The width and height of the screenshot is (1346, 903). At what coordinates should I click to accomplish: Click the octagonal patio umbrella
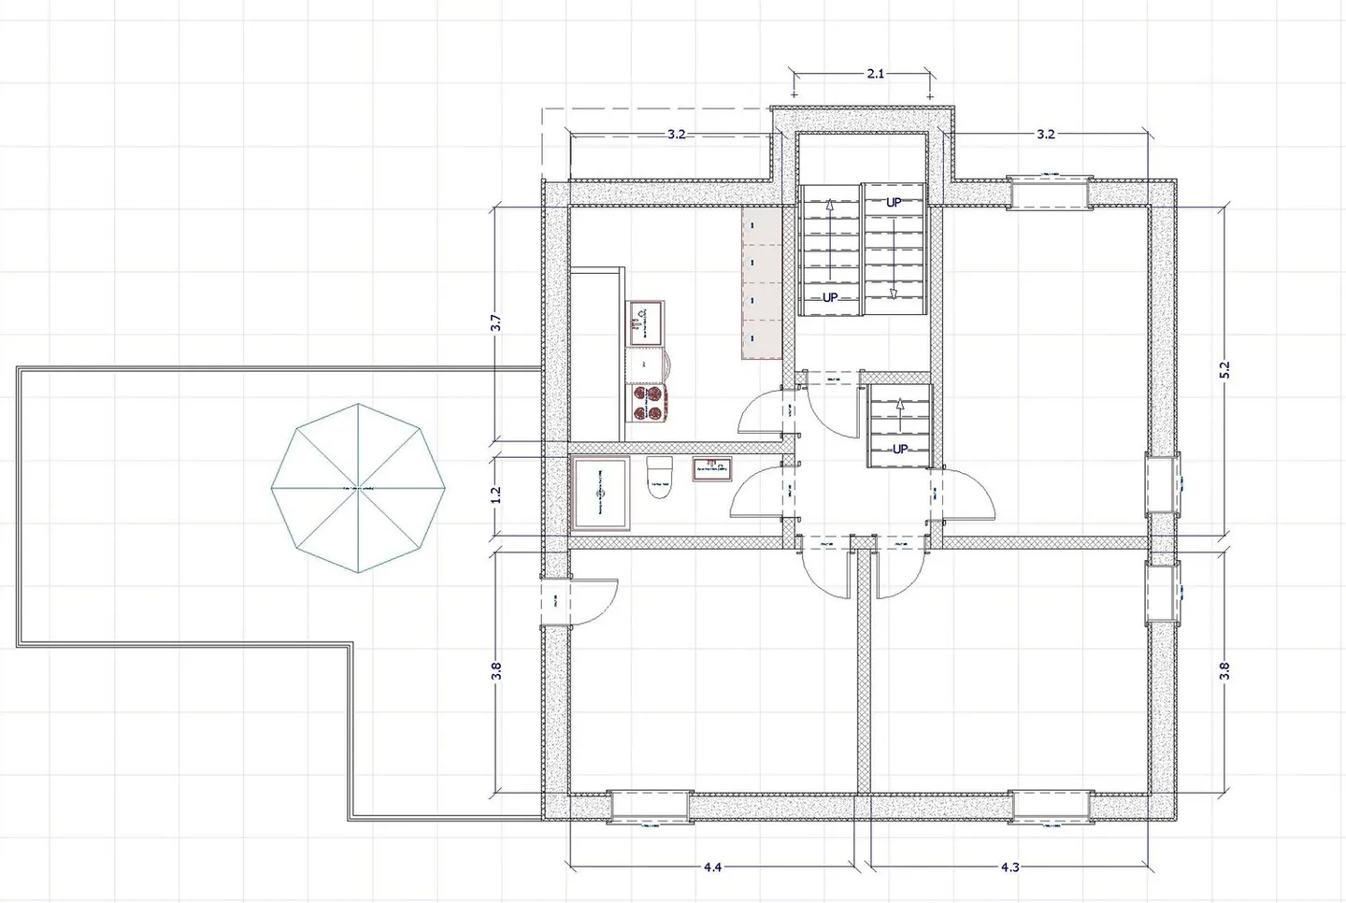[x=359, y=488]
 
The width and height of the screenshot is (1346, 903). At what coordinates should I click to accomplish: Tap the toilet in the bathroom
[x=659, y=478]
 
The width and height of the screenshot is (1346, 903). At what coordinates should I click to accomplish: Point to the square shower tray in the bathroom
[x=599, y=494]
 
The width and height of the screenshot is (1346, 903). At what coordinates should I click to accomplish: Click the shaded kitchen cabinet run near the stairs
[x=762, y=283]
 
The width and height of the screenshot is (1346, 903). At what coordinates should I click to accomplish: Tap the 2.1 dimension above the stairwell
[x=875, y=74]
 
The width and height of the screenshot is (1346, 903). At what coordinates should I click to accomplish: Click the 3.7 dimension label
[x=496, y=322]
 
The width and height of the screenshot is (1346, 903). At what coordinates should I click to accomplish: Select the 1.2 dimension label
[x=496, y=492]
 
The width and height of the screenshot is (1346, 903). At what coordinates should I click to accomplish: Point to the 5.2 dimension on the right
[x=1225, y=369]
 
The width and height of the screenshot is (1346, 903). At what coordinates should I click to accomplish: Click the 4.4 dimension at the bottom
[x=712, y=867]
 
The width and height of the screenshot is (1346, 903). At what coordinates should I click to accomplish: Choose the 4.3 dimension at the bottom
[x=1009, y=867]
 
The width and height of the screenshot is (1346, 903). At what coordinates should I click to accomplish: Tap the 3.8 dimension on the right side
[x=1225, y=670]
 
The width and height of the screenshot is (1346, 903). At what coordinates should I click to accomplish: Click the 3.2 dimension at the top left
[x=676, y=135]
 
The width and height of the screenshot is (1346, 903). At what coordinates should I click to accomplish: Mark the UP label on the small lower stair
[x=899, y=449]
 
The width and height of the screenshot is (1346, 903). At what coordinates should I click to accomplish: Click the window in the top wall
[x=1048, y=192]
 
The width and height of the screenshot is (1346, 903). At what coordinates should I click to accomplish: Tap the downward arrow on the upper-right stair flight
[x=893, y=293]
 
